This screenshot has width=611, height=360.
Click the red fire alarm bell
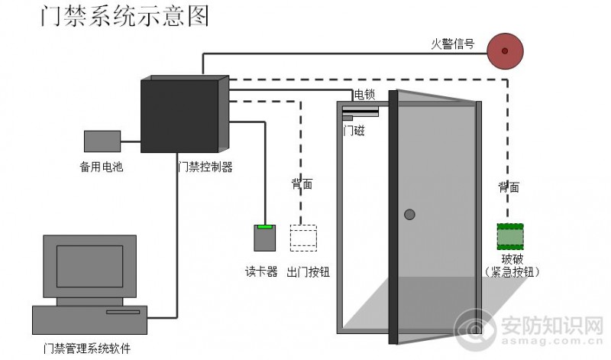(504, 50)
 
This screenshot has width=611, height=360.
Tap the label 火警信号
(453, 44)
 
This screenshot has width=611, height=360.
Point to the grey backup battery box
(102, 141)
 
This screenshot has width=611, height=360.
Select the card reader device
(264, 238)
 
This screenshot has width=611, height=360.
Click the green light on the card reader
(264, 227)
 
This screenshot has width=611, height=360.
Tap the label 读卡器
(261, 272)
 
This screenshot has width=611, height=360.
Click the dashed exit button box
(303, 237)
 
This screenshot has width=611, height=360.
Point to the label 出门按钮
(308, 272)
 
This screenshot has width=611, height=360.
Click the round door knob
(410, 215)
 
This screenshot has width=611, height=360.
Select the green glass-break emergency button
(509, 236)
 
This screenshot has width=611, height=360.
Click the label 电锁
(364, 95)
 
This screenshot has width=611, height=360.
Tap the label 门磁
(354, 131)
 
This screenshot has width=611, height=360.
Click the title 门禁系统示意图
(124, 17)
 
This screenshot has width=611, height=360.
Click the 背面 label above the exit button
(302, 184)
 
